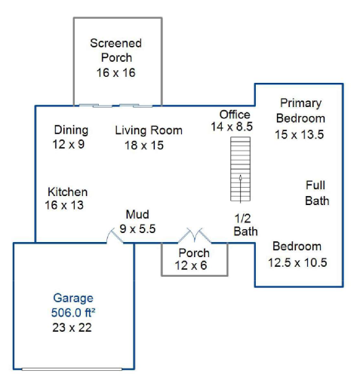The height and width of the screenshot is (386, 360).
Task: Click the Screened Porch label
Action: (116, 51)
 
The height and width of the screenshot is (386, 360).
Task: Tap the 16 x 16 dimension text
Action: (116, 72)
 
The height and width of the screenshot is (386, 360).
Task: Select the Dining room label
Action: (71, 130)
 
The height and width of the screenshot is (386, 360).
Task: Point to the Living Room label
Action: (149, 130)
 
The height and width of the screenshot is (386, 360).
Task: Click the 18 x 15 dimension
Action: (144, 146)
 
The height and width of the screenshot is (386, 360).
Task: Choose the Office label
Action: (235, 115)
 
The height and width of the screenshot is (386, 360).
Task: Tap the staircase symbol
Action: (241, 169)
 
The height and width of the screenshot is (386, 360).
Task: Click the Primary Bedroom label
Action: (300, 111)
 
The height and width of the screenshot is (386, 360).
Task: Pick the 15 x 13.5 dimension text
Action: (299, 134)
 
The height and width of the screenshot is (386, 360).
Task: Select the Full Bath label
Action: (317, 193)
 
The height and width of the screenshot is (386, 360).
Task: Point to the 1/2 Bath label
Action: (245, 225)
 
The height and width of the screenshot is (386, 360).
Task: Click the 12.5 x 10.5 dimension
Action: (297, 262)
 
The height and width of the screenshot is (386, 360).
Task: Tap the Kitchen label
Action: (68, 192)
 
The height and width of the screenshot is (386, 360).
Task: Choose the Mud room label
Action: (137, 214)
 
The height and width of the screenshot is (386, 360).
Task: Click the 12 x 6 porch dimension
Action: (191, 265)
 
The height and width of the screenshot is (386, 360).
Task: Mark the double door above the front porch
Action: (195, 236)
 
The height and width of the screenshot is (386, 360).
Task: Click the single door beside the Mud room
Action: (115, 236)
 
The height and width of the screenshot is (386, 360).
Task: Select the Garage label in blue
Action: (73, 298)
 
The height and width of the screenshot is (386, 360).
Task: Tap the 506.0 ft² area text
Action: (73, 313)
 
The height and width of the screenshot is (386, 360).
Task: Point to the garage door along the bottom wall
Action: (72, 369)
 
